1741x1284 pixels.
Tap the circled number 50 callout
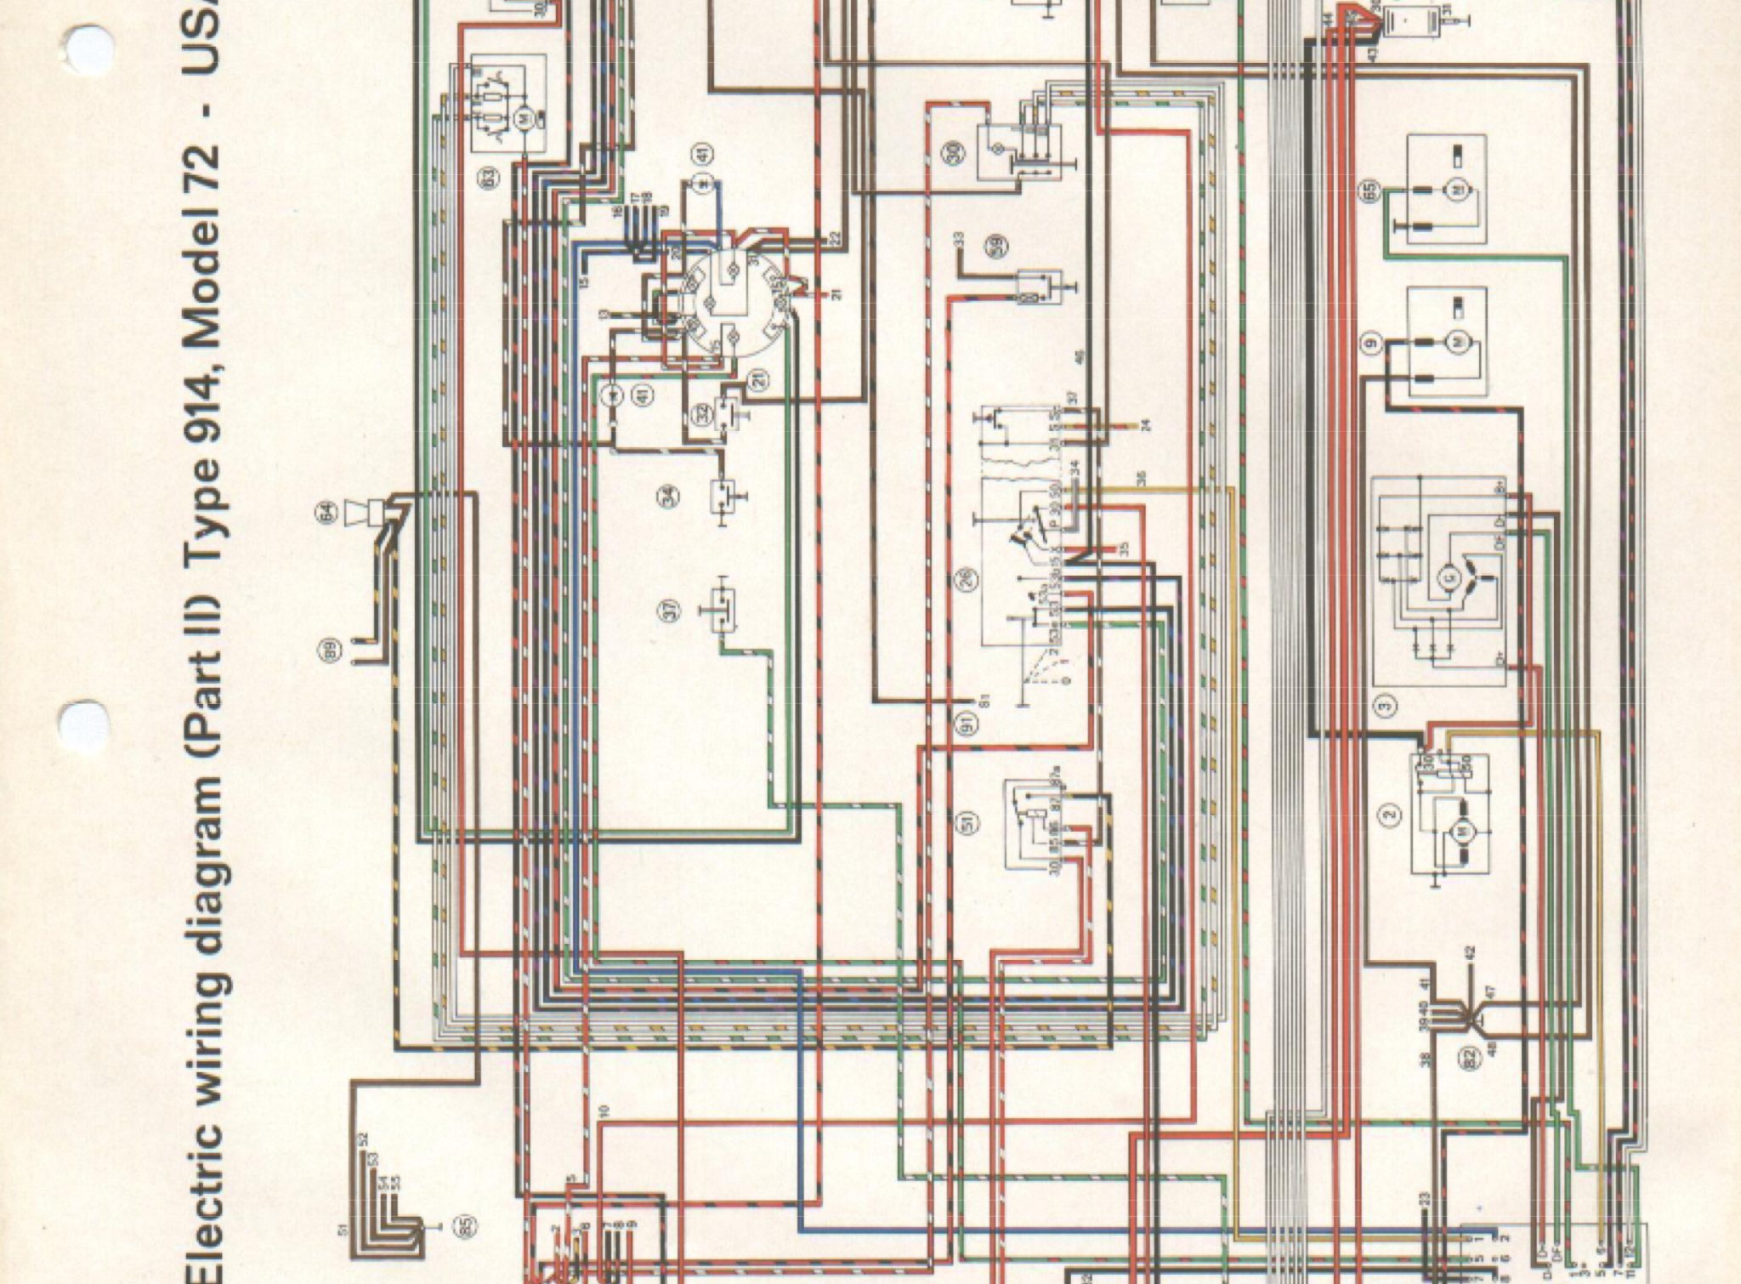[955, 153]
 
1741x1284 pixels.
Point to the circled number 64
[327, 512]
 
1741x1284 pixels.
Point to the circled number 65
[1370, 192]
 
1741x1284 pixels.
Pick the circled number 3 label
[1386, 706]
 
